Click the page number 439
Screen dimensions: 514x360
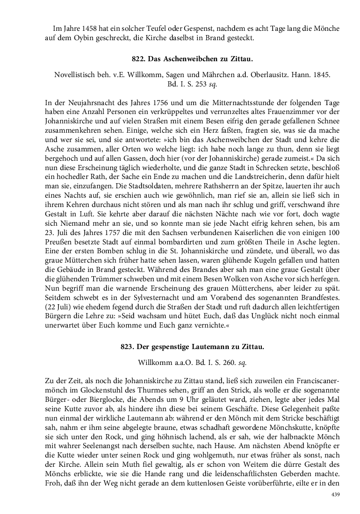click(335, 495)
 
